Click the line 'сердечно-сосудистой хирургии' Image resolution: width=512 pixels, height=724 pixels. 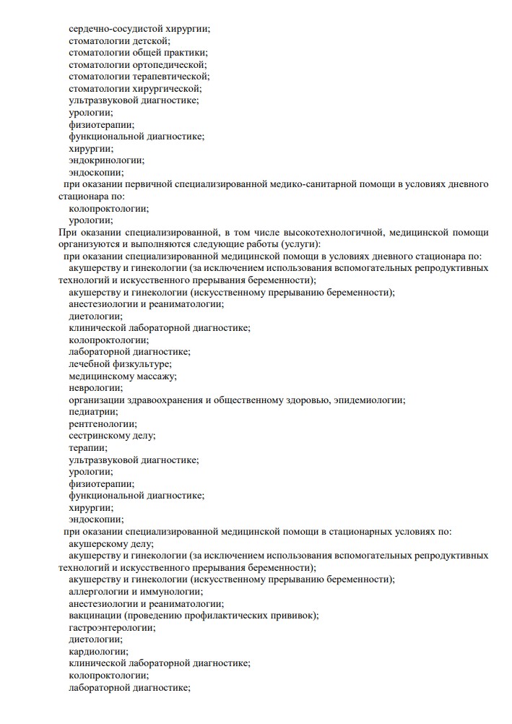(x=144, y=29)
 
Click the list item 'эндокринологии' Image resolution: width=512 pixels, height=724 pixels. (x=106, y=160)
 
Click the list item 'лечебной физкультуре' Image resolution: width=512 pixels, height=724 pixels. (x=120, y=363)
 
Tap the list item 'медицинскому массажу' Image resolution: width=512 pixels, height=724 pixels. (x=123, y=376)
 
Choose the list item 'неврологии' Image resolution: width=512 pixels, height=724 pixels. (x=95, y=387)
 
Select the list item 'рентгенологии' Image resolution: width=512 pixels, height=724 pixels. (x=103, y=423)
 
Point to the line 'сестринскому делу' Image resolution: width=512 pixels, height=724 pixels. (x=112, y=435)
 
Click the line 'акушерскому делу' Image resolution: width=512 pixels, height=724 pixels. (x=111, y=543)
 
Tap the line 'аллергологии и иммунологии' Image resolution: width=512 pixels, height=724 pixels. (x=134, y=591)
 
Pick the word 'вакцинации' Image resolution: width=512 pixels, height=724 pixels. (x=95, y=615)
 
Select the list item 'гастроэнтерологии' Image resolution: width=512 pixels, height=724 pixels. (x=112, y=627)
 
